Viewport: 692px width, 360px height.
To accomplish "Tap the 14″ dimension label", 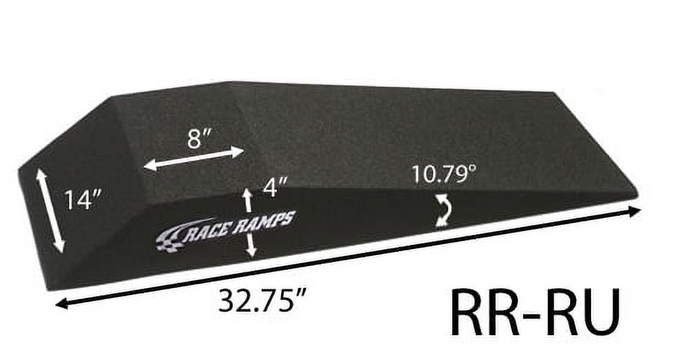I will point(83,200).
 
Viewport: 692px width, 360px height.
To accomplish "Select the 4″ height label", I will point(275,187).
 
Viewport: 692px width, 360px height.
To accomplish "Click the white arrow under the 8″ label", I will point(194,158).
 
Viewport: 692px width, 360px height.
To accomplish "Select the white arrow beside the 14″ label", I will point(51,211).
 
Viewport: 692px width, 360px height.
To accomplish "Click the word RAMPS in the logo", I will point(266,221).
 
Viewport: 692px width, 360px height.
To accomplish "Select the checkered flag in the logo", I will point(170,240).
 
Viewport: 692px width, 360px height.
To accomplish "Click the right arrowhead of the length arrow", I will point(635,211).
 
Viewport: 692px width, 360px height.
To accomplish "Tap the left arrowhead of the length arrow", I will point(61,303).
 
